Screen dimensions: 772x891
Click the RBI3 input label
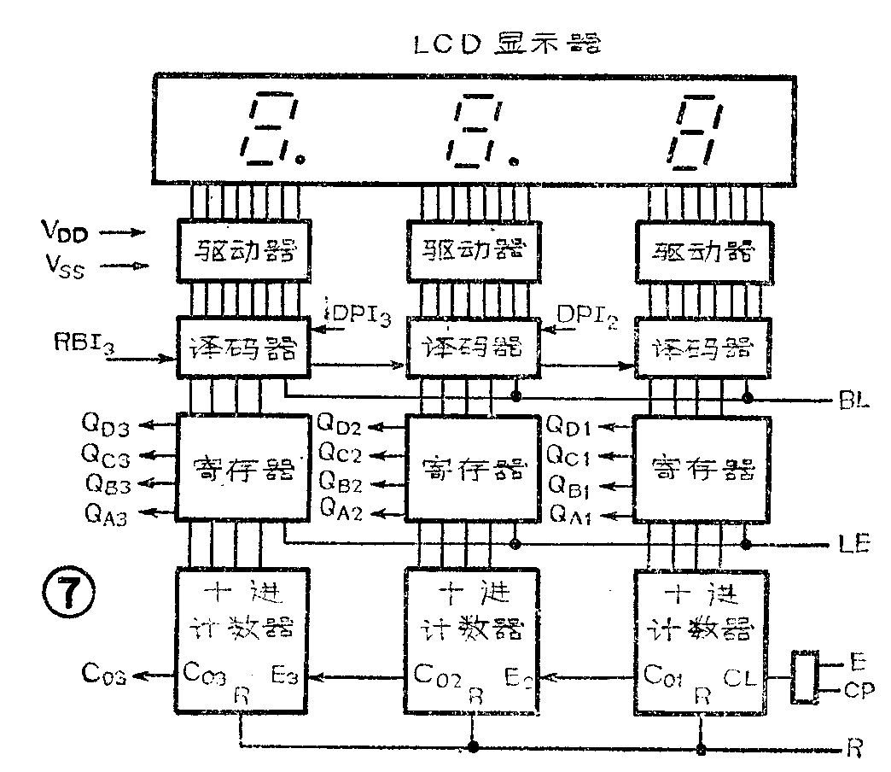pyautogui.click(x=80, y=344)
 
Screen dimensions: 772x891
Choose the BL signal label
pyautogui.click(x=854, y=398)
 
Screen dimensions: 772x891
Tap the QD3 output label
pyautogui.click(x=106, y=424)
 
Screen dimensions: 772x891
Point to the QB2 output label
pyautogui.click(x=342, y=486)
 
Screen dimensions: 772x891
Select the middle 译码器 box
pyautogui.click(x=473, y=348)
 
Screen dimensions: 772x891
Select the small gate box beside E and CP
pyautogui.click(x=804, y=677)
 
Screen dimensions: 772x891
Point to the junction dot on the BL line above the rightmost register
pyautogui.click(x=748, y=398)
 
